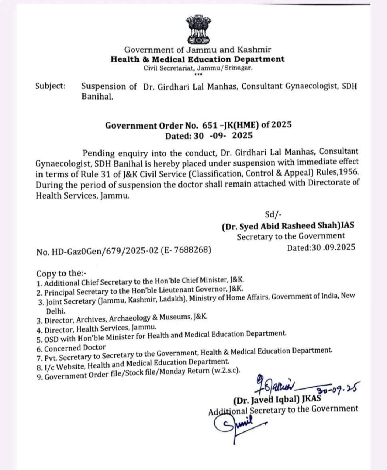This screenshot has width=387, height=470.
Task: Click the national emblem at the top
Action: [x=198, y=30]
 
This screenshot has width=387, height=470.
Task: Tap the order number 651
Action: [x=210, y=125]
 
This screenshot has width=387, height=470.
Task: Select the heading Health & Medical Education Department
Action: [x=197, y=59]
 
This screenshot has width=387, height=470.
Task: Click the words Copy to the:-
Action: [x=60, y=273]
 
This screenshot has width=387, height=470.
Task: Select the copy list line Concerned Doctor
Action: [x=75, y=347]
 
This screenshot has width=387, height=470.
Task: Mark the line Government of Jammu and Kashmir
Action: [x=198, y=49]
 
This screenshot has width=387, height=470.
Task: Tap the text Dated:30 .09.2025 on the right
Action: [x=321, y=247]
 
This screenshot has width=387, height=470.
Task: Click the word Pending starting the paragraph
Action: [x=99, y=152]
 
